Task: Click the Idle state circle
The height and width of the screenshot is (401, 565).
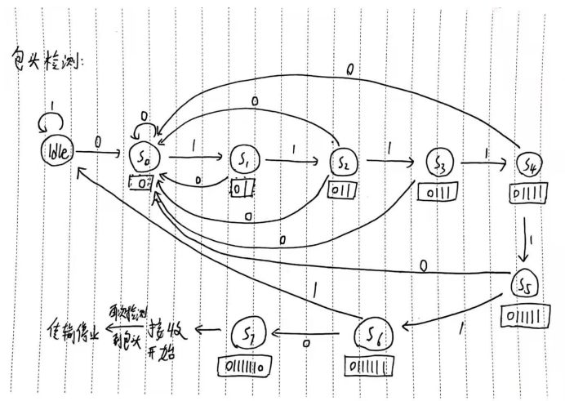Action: pos(56,153)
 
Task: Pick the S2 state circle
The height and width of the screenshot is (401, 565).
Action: pos(343,162)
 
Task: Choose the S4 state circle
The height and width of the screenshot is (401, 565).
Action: pos(528,165)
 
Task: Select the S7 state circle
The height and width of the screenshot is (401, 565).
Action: pos(248,332)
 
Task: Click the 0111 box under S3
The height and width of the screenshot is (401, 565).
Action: pos(436,192)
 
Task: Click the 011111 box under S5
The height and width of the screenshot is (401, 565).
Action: pos(521,315)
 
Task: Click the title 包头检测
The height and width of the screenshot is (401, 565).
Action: pos(49,59)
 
